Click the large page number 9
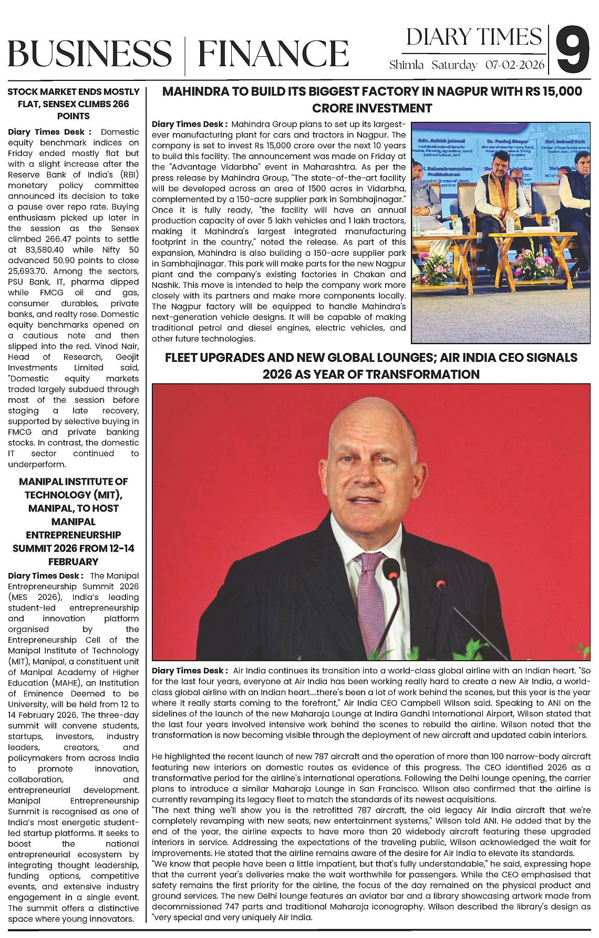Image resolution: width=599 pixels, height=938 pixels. point(572,51)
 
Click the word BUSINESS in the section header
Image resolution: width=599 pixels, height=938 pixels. point(89,54)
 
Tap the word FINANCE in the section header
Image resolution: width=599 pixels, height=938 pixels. point(273,54)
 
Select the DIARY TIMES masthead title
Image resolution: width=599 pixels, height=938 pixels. point(473,37)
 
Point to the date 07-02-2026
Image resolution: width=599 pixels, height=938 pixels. point(515,66)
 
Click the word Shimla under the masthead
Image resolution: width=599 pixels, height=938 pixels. point(406,66)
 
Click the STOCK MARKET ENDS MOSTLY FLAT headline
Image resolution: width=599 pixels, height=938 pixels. point(74,103)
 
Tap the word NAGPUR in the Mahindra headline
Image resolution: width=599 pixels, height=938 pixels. point(458,91)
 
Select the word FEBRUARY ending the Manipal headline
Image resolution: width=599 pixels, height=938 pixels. point(74,561)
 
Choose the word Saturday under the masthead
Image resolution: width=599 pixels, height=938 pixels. point(455,66)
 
